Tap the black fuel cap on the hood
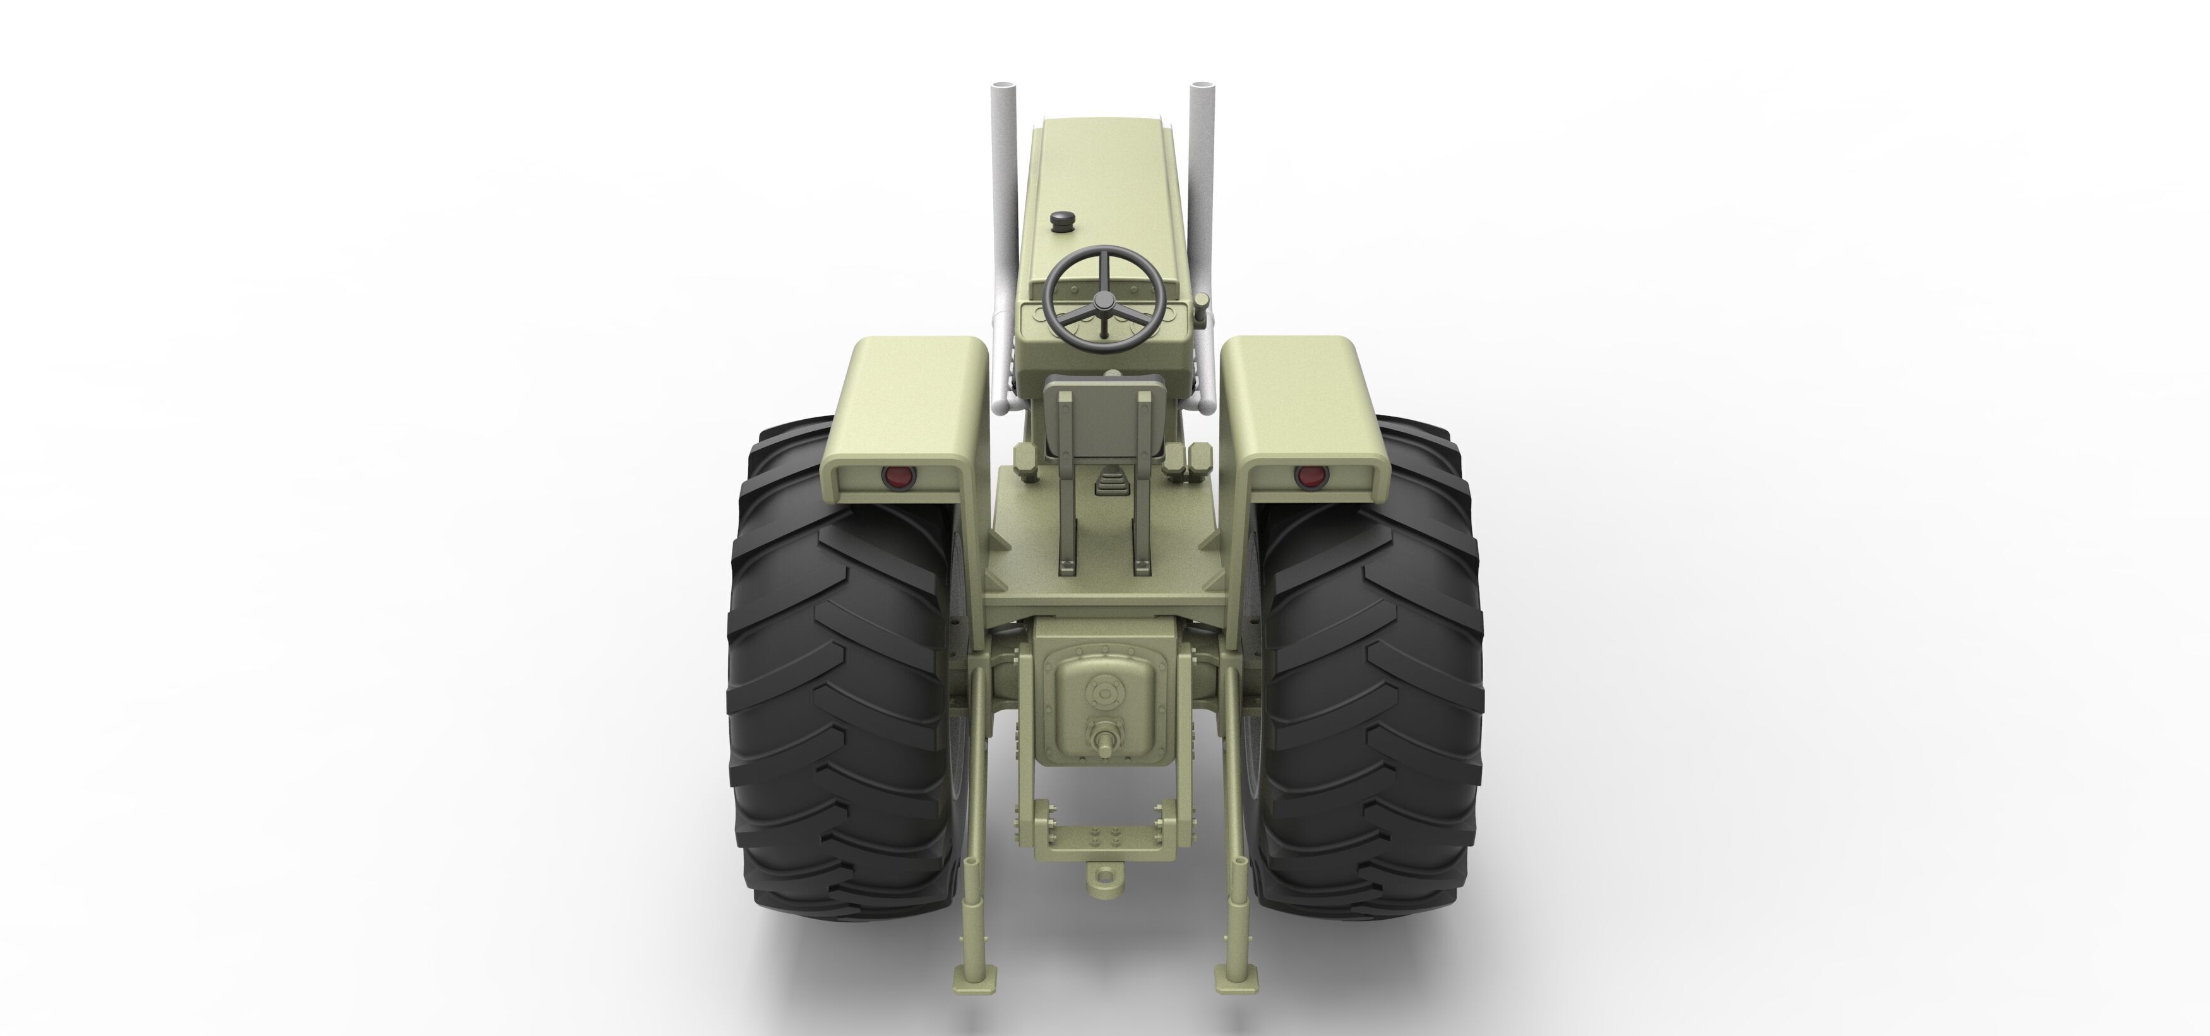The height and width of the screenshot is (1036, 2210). tap(1063, 220)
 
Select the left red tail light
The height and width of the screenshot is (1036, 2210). tap(897, 476)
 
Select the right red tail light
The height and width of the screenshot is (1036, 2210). tap(1309, 476)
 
